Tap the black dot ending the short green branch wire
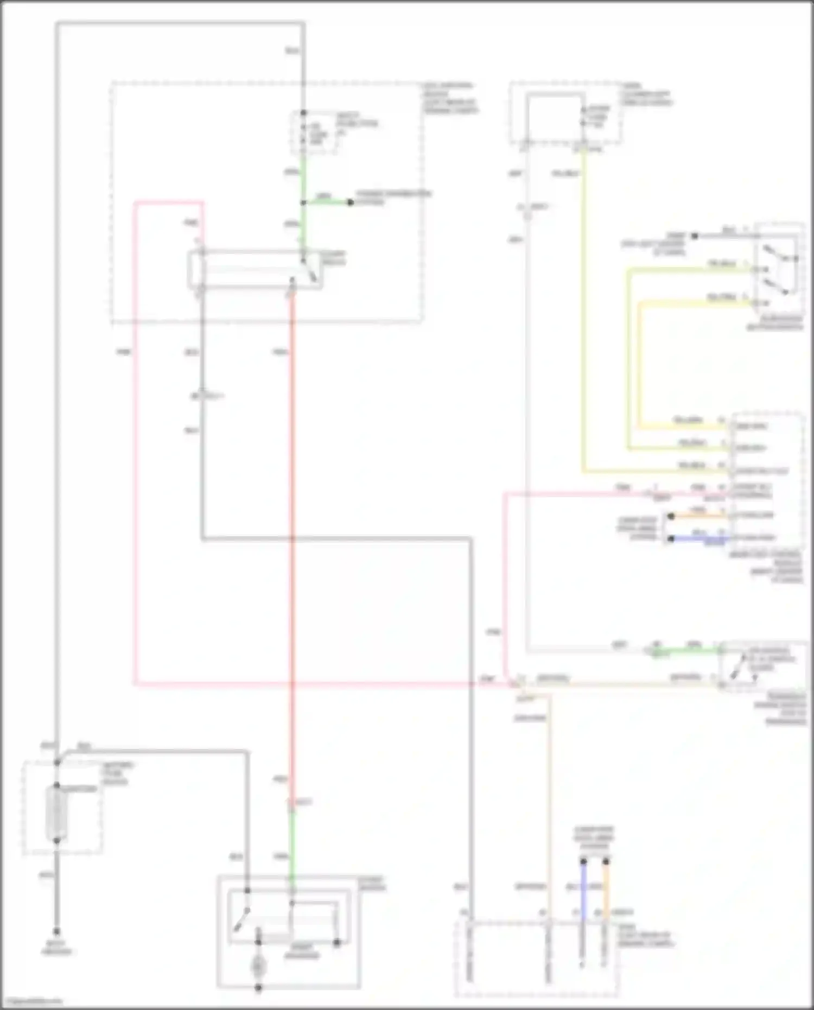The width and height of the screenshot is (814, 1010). pyautogui.click(x=351, y=202)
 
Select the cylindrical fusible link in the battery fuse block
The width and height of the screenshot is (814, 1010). pyautogui.click(x=56, y=813)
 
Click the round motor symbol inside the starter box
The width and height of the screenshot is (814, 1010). pyautogui.click(x=258, y=965)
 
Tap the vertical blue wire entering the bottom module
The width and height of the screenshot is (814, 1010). pyautogui.click(x=583, y=890)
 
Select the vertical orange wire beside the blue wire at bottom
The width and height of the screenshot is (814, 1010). pyautogui.click(x=606, y=890)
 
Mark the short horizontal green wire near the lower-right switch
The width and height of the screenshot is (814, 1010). pyautogui.click(x=689, y=650)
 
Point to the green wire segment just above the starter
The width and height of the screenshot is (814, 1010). pyautogui.click(x=292, y=847)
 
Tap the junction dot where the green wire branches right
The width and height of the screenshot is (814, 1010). pyautogui.click(x=303, y=202)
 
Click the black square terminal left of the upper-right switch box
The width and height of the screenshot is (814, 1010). pyautogui.click(x=694, y=236)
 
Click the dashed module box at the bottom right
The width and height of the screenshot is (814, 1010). pyautogui.click(x=536, y=958)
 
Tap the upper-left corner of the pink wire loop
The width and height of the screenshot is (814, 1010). pyautogui.click(x=136, y=204)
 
